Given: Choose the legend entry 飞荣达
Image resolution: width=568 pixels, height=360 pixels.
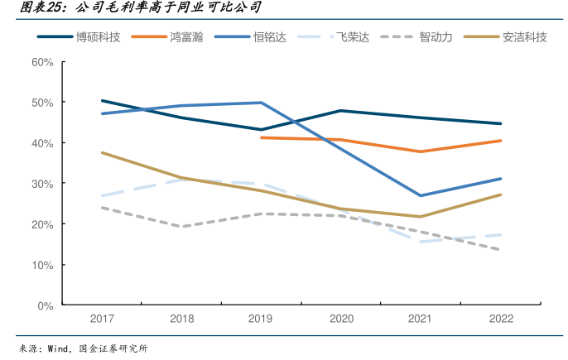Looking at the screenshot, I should click(x=353, y=37).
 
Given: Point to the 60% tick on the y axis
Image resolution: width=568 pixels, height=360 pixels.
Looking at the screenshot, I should click(x=42, y=62).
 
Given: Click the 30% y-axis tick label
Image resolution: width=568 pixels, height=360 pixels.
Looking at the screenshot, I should click(x=42, y=184).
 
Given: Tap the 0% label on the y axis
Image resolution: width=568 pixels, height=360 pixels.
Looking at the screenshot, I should click(x=46, y=305).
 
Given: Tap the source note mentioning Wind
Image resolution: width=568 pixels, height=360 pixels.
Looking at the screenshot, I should click(x=83, y=348).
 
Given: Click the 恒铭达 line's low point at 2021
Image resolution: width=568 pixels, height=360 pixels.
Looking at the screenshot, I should click(x=421, y=195).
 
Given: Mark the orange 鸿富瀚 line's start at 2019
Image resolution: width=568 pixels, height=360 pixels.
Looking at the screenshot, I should click(x=262, y=137).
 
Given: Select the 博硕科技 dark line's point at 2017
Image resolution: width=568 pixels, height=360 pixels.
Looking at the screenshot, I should click(x=102, y=101).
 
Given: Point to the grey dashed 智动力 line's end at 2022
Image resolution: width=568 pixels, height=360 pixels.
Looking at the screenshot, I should click(x=501, y=250).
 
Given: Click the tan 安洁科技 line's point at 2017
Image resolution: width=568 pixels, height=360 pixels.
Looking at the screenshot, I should click(x=102, y=153).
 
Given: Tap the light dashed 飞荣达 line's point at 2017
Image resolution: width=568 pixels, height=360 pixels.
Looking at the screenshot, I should click(x=102, y=196).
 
